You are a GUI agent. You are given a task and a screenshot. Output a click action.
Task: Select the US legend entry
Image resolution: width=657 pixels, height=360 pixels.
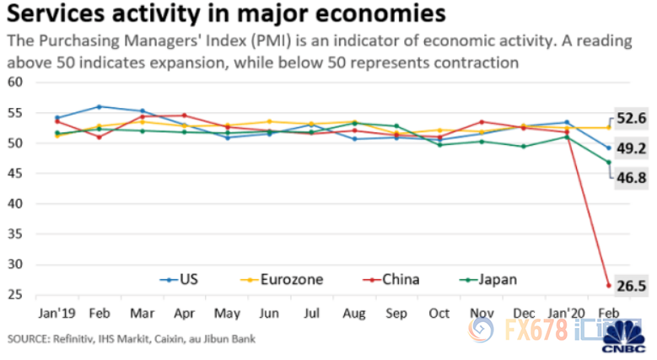click(185, 279)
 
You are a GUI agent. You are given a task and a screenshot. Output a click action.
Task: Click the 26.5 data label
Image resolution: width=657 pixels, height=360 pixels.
click(631, 287)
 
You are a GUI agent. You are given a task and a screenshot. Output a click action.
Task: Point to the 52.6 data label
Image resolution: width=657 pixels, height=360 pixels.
click(631, 119)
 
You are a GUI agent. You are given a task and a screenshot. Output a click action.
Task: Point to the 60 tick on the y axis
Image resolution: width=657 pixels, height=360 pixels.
click(13, 83)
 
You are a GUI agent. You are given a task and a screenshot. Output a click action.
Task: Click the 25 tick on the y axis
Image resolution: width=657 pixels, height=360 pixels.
click(13, 295)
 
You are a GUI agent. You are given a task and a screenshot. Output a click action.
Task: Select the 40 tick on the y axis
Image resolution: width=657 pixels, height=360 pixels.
click(13, 204)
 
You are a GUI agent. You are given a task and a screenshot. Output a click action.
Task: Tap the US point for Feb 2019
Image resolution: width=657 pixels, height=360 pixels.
click(100, 106)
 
